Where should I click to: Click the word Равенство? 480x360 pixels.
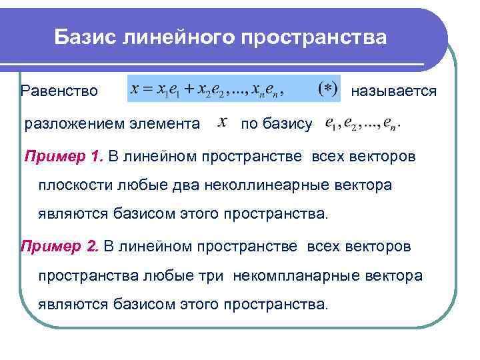59,90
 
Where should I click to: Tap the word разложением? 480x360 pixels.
73,124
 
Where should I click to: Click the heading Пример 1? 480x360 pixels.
64,157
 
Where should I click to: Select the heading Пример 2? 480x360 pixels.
60,247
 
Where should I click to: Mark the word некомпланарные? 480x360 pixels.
293,275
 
